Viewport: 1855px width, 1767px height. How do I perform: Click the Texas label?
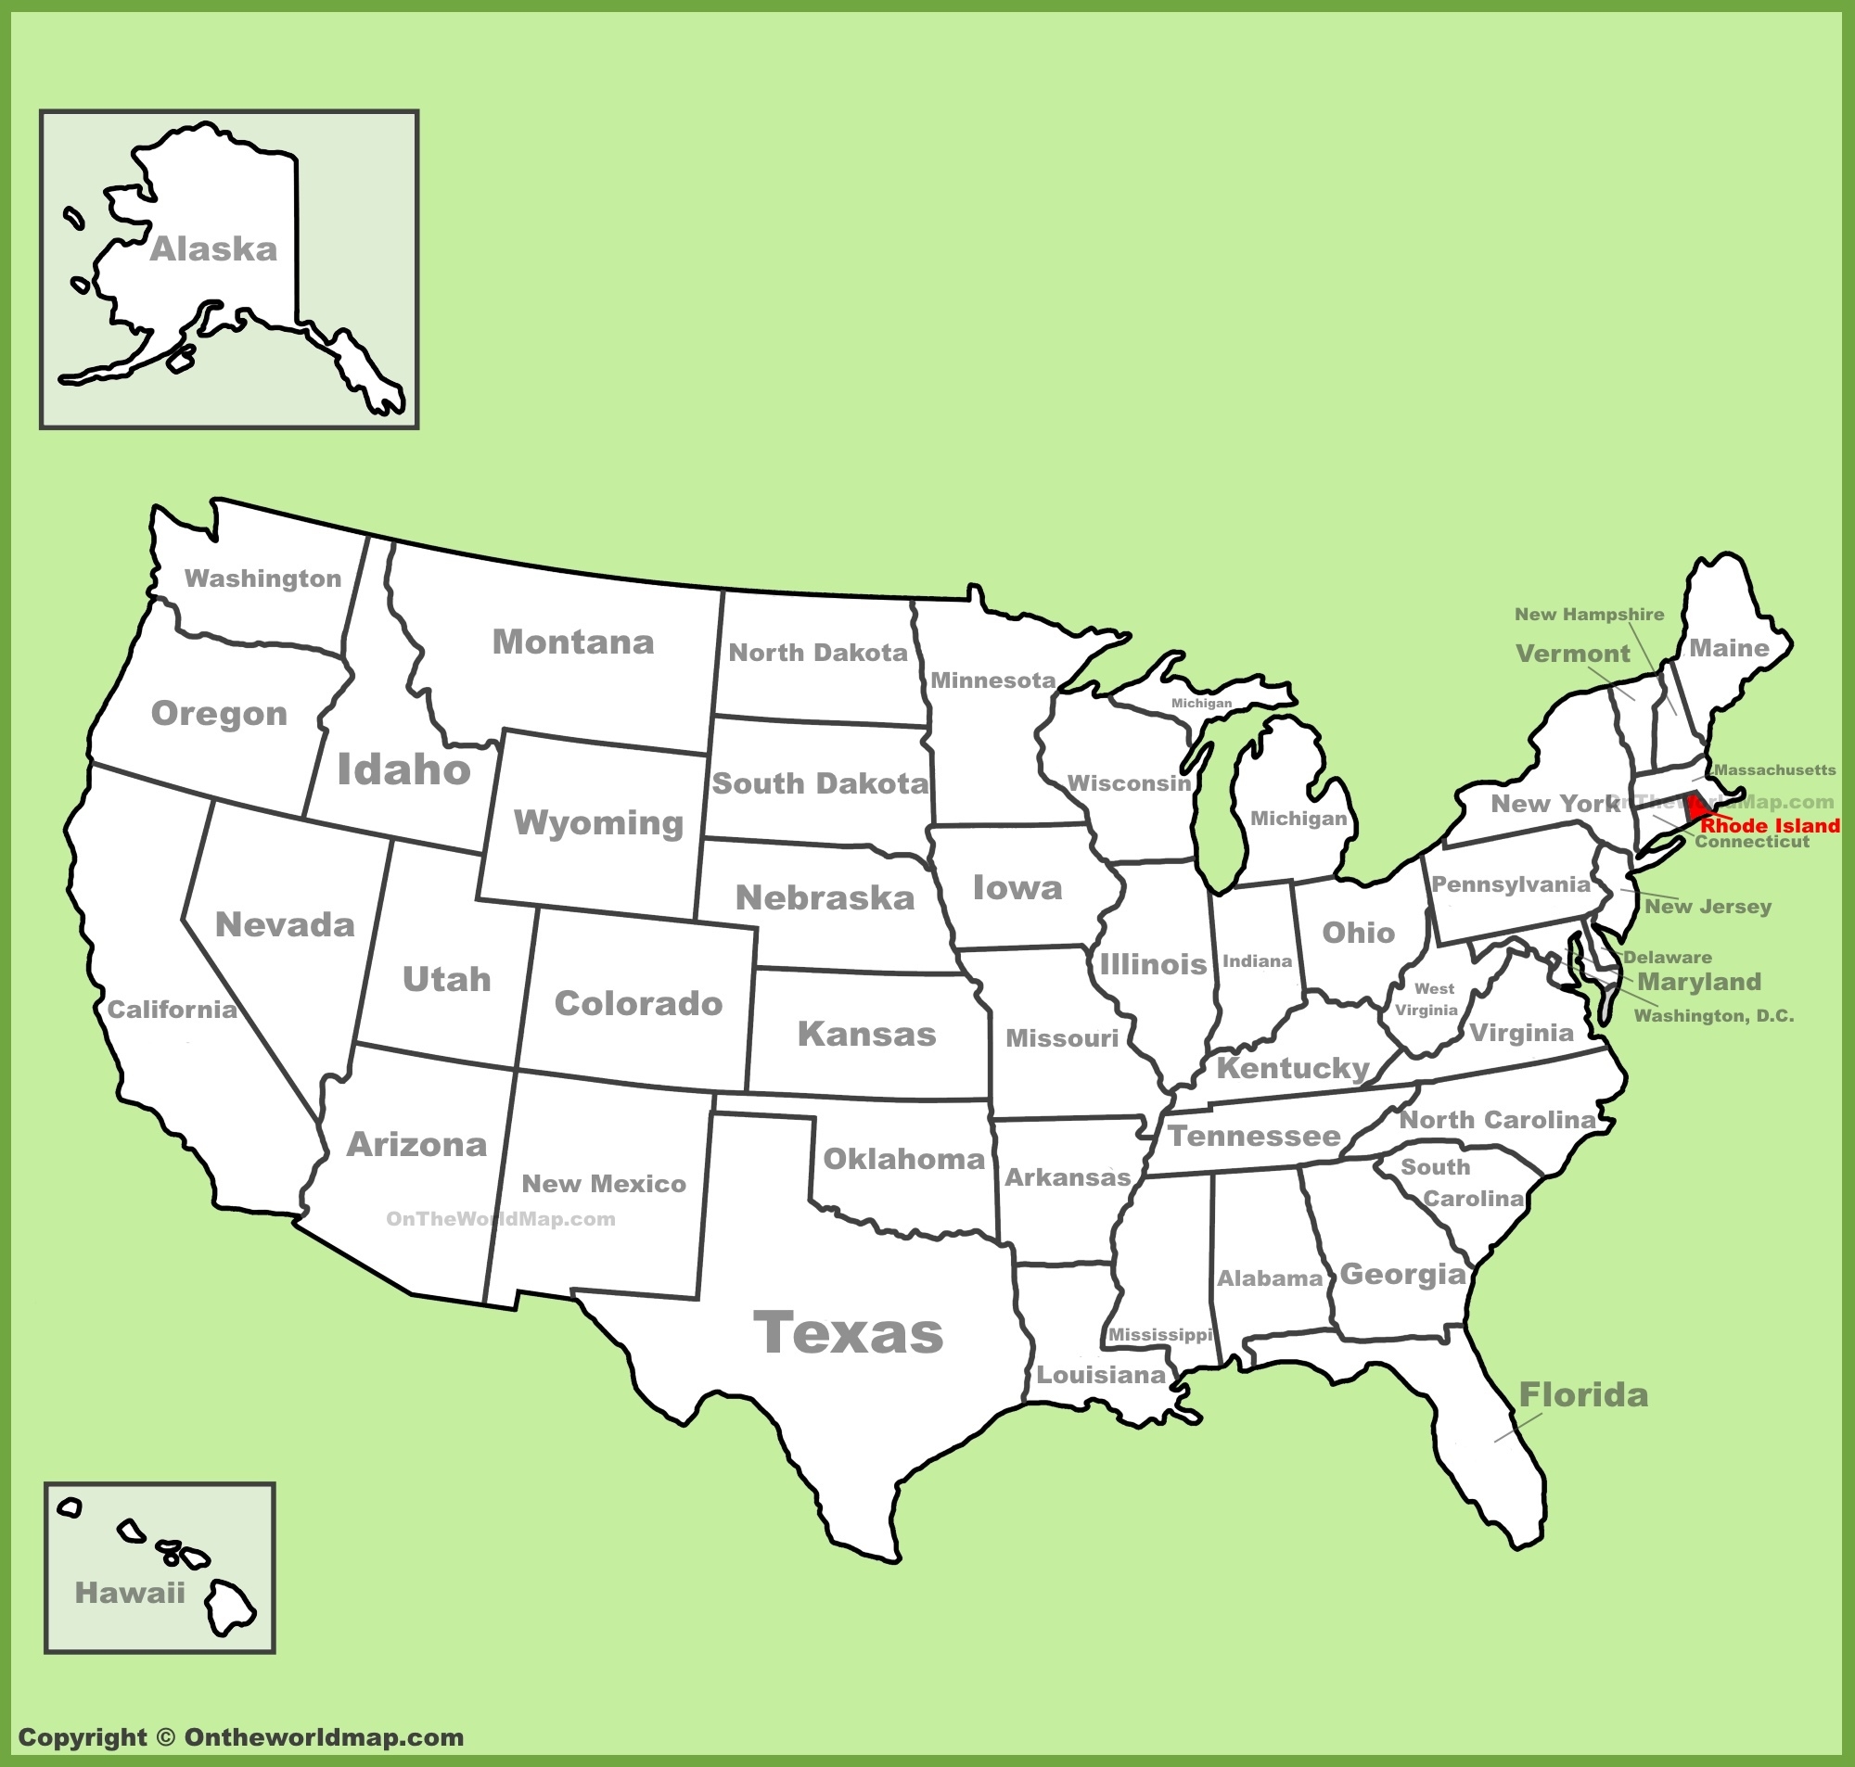tap(848, 1333)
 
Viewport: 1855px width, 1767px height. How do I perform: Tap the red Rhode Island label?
tap(1770, 826)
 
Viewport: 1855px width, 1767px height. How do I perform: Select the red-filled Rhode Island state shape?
tap(1696, 807)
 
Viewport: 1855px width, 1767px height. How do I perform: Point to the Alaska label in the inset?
tap(214, 249)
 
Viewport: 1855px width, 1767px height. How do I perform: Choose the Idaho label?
tap(404, 769)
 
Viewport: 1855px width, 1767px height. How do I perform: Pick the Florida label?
tap(1582, 1395)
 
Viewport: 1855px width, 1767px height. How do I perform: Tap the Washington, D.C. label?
tap(1713, 1015)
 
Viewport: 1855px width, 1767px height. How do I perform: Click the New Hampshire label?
tap(1590, 614)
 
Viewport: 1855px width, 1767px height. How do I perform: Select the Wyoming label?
tap(599, 822)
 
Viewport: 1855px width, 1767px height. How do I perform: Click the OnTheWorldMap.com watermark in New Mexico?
tap(500, 1219)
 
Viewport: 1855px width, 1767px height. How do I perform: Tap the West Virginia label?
tap(1428, 999)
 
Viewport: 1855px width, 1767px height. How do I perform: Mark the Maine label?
tap(1729, 648)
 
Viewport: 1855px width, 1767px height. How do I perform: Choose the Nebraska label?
tap(825, 897)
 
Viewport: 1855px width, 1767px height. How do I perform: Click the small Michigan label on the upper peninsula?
tap(1201, 703)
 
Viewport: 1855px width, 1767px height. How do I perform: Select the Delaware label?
tap(1668, 957)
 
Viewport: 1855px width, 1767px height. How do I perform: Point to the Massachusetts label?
tap(1775, 769)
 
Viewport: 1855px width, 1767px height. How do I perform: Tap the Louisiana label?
tap(1101, 1374)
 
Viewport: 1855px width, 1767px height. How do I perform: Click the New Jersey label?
tap(1708, 906)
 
